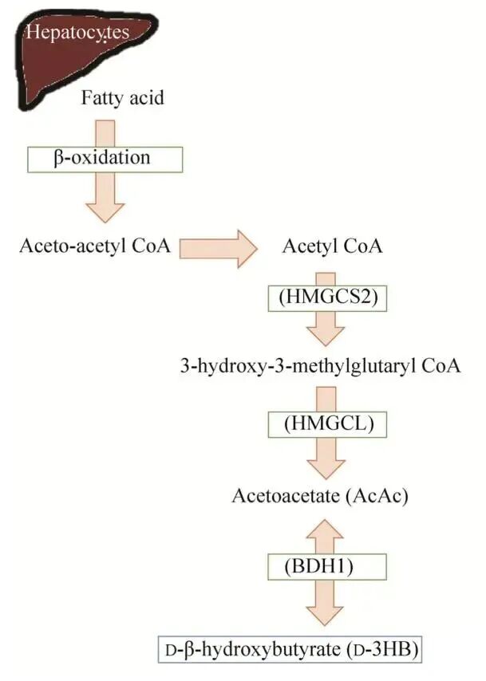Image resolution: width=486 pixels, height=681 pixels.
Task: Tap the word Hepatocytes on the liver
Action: pos(77,33)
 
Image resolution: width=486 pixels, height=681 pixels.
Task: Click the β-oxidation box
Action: pos(105,158)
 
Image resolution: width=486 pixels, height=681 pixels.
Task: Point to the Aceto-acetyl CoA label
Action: pos(95,245)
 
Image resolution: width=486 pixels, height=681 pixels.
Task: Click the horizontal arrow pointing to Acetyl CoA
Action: pos(218,248)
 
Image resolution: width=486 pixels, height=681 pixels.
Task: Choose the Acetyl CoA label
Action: pos(333,246)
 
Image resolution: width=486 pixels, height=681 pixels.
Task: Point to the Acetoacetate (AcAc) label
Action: pos(320,496)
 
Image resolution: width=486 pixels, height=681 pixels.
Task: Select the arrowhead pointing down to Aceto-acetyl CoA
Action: pos(105,210)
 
